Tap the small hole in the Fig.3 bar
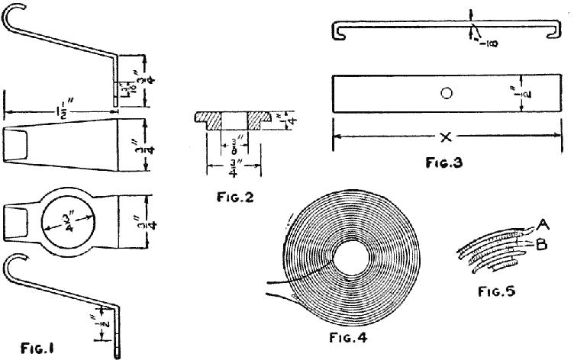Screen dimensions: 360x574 coord(447,94)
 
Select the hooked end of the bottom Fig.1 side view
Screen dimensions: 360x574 coord(11,268)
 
